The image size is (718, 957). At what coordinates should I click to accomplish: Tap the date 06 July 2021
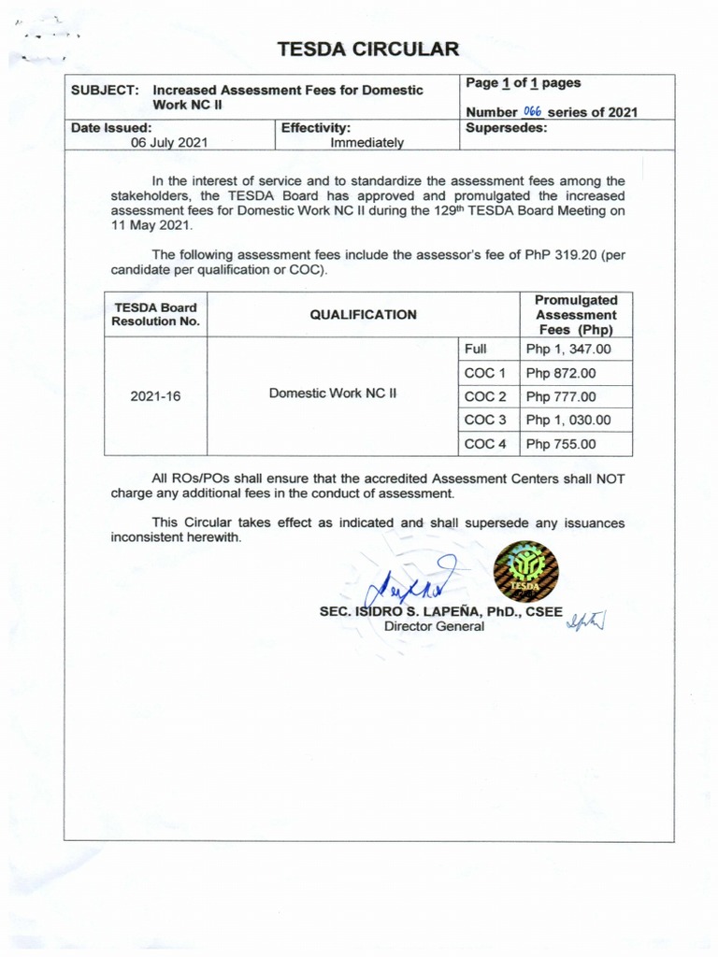(169, 143)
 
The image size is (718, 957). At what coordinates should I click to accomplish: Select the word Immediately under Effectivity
(366, 143)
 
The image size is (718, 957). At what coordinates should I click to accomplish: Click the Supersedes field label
(506, 128)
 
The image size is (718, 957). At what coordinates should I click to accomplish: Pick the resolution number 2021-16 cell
(155, 396)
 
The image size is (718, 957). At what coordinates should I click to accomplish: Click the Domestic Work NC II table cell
(333, 393)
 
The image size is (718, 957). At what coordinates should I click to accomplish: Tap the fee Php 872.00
(560, 373)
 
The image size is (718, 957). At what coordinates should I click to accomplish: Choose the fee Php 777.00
(560, 396)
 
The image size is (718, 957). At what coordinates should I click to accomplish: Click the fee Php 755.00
(560, 444)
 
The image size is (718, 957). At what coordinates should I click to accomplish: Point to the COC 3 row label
(484, 421)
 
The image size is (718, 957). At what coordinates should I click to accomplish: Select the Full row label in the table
(476, 349)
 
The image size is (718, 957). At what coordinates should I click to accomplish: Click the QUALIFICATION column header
(363, 315)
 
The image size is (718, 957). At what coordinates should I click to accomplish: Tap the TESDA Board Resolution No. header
(155, 315)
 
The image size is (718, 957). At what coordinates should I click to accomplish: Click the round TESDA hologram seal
(526, 570)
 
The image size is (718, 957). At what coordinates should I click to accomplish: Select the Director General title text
(435, 626)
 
